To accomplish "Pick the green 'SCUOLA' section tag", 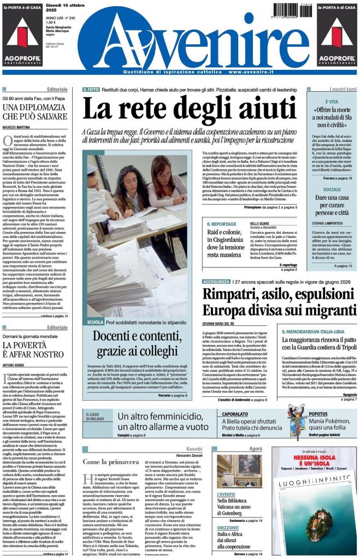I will (96, 323).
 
